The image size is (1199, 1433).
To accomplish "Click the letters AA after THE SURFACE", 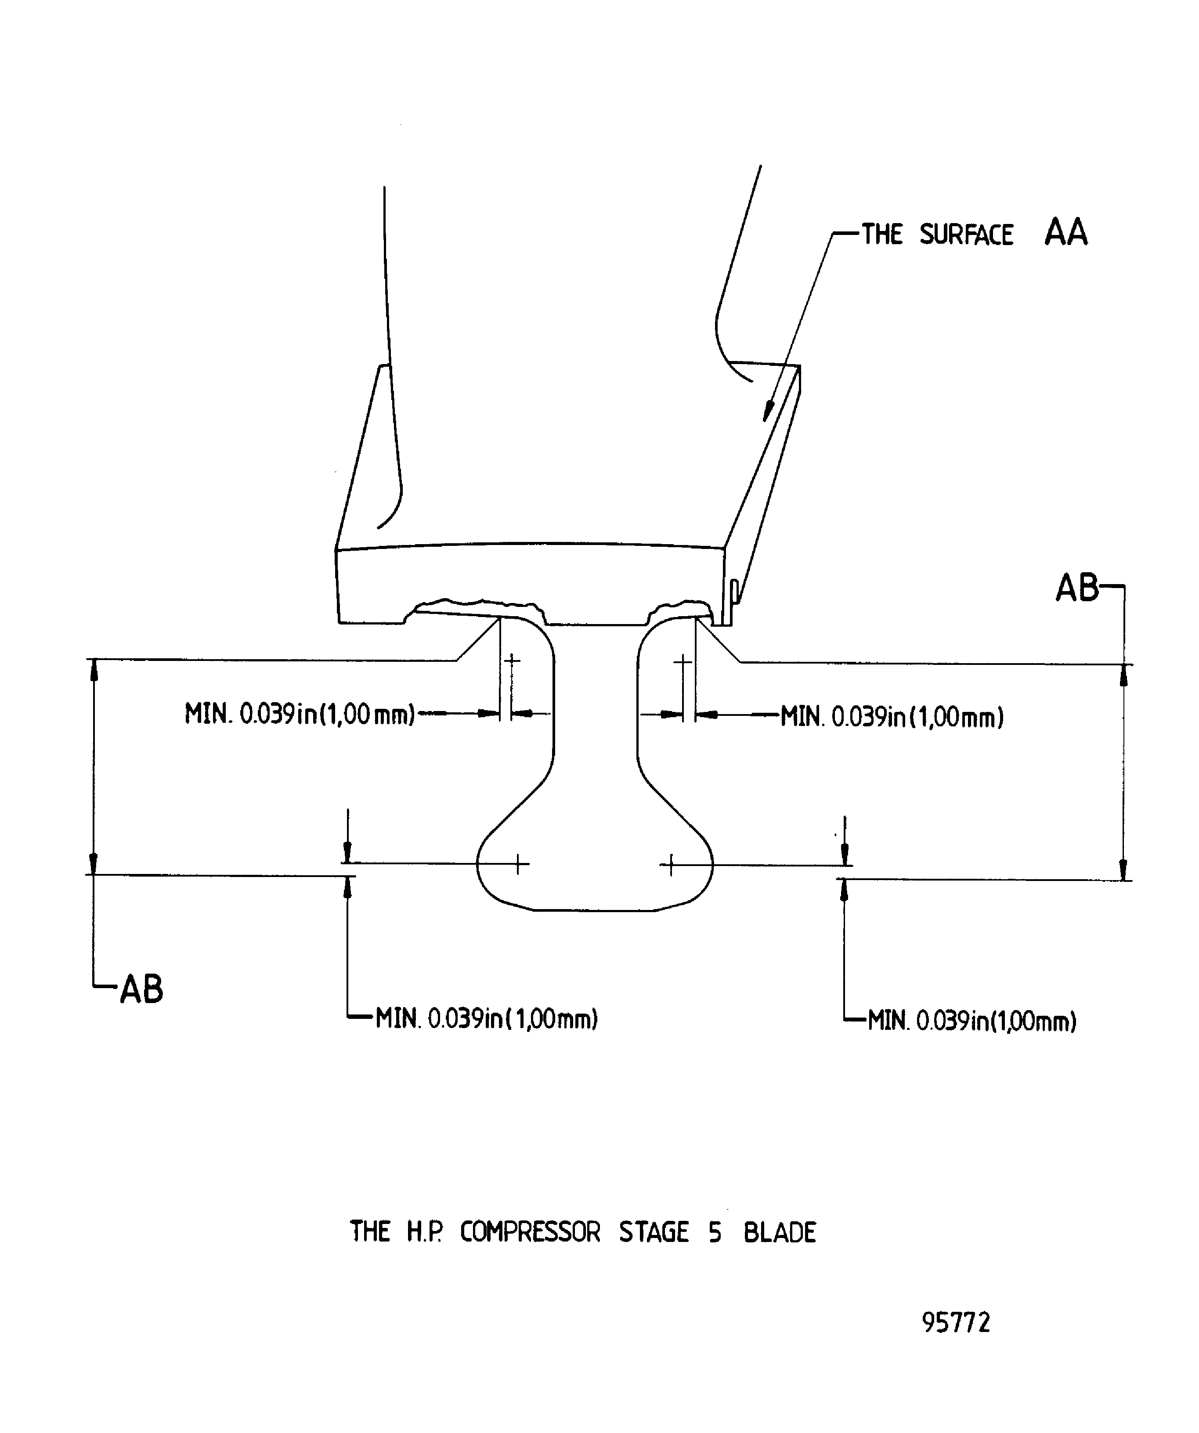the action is (1065, 233).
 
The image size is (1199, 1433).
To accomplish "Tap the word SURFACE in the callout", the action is (966, 235).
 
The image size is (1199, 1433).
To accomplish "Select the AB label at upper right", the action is (1077, 588).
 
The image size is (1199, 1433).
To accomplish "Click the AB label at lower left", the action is (142, 989).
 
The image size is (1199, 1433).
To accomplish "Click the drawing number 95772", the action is (955, 1322).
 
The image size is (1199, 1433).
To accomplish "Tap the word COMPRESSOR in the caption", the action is (530, 1232).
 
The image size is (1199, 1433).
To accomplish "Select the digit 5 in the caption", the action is (715, 1232).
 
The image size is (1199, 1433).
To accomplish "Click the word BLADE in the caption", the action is (779, 1232).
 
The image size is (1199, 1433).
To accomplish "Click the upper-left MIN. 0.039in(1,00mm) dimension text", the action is (300, 715).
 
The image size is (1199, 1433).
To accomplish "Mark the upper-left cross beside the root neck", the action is (512, 660).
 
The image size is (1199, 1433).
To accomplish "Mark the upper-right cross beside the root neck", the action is (683, 661).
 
